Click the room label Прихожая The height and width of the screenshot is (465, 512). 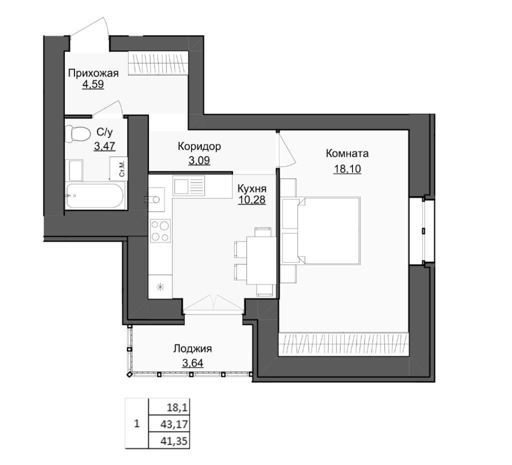pos(93,73)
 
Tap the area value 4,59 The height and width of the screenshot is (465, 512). pos(93,84)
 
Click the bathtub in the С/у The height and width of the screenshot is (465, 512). pos(95,195)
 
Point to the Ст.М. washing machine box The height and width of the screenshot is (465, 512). pos(118,168)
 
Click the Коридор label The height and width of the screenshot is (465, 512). pos(199,146)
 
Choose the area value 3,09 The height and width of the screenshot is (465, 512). pos(199,160)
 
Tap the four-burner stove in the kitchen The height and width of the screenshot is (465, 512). pos(160,230)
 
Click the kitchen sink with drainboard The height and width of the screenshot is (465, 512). pos(188,186)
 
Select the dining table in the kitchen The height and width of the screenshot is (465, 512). pos(261,260)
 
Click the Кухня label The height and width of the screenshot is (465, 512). pos(252,188)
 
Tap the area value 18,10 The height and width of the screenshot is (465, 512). pos(347,169)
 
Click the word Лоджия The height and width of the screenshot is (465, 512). pos(192,349)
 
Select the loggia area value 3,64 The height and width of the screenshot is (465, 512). pos(192,362)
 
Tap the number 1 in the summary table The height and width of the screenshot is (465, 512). pos(136,424)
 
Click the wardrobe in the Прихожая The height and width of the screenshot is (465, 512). pos(158,63)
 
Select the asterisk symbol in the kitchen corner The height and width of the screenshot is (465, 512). pos(160,287)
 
